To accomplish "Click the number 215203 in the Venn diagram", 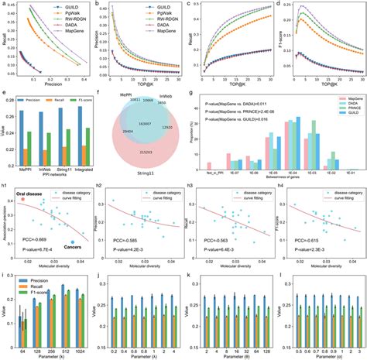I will click(x=146, y=156).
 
